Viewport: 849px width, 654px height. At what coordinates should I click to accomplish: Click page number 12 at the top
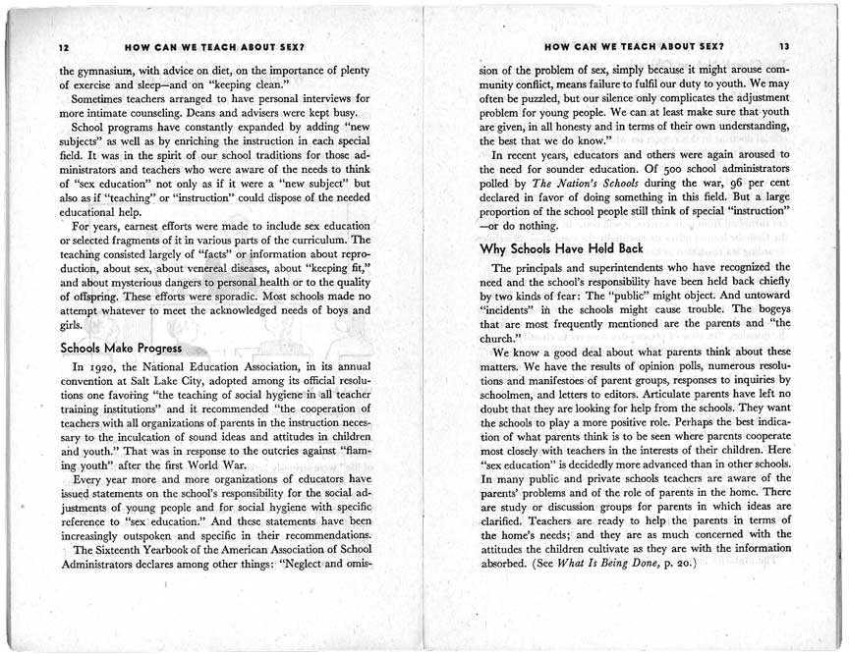coord(64,47)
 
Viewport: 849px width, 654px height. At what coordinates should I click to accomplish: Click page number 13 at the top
coord(783,46)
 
